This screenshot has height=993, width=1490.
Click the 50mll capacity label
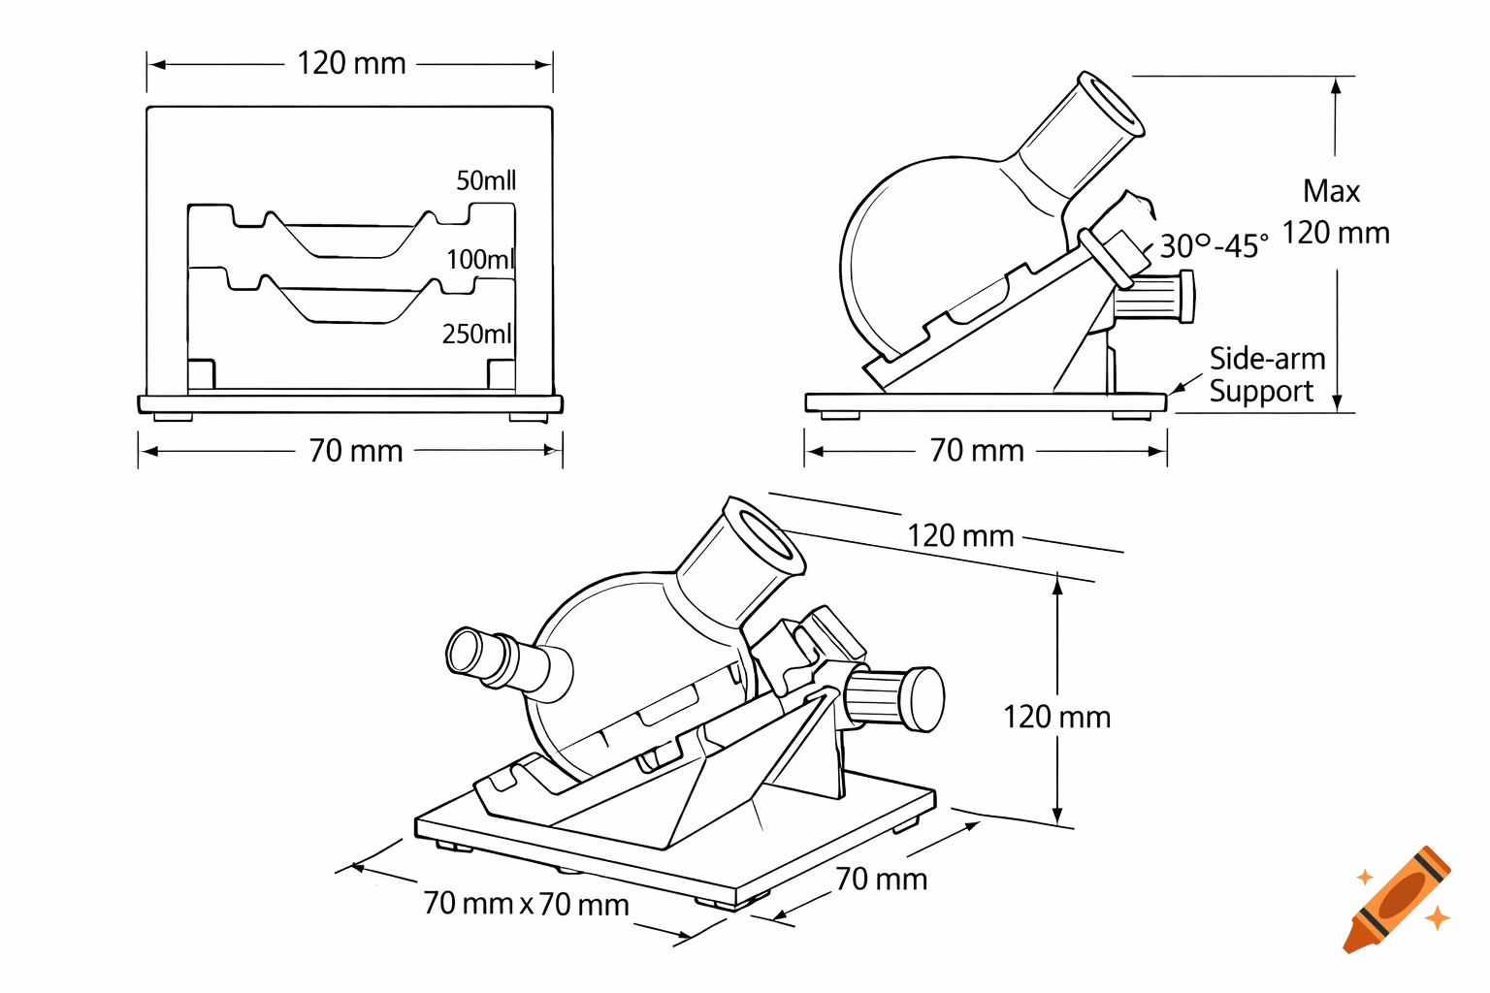(486, 180)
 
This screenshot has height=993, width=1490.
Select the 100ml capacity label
(479, 259)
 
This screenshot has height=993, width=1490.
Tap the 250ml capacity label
(476, 334)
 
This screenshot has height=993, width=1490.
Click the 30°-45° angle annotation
(1214, 246)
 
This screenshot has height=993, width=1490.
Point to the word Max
(1331, 191)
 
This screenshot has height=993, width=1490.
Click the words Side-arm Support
(1266, 374)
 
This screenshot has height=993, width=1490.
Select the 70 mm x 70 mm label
(526, 904)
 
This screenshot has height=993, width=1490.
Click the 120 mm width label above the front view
(351, 64)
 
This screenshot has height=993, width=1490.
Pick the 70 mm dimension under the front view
(355, 451)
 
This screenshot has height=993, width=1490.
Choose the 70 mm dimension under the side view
(977, 451)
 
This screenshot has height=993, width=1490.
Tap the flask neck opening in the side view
(1112, 104)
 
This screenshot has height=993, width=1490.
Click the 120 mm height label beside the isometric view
(1056, 717)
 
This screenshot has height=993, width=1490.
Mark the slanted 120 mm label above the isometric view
(960, 535)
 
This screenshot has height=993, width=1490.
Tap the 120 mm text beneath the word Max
(1336, 233)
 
